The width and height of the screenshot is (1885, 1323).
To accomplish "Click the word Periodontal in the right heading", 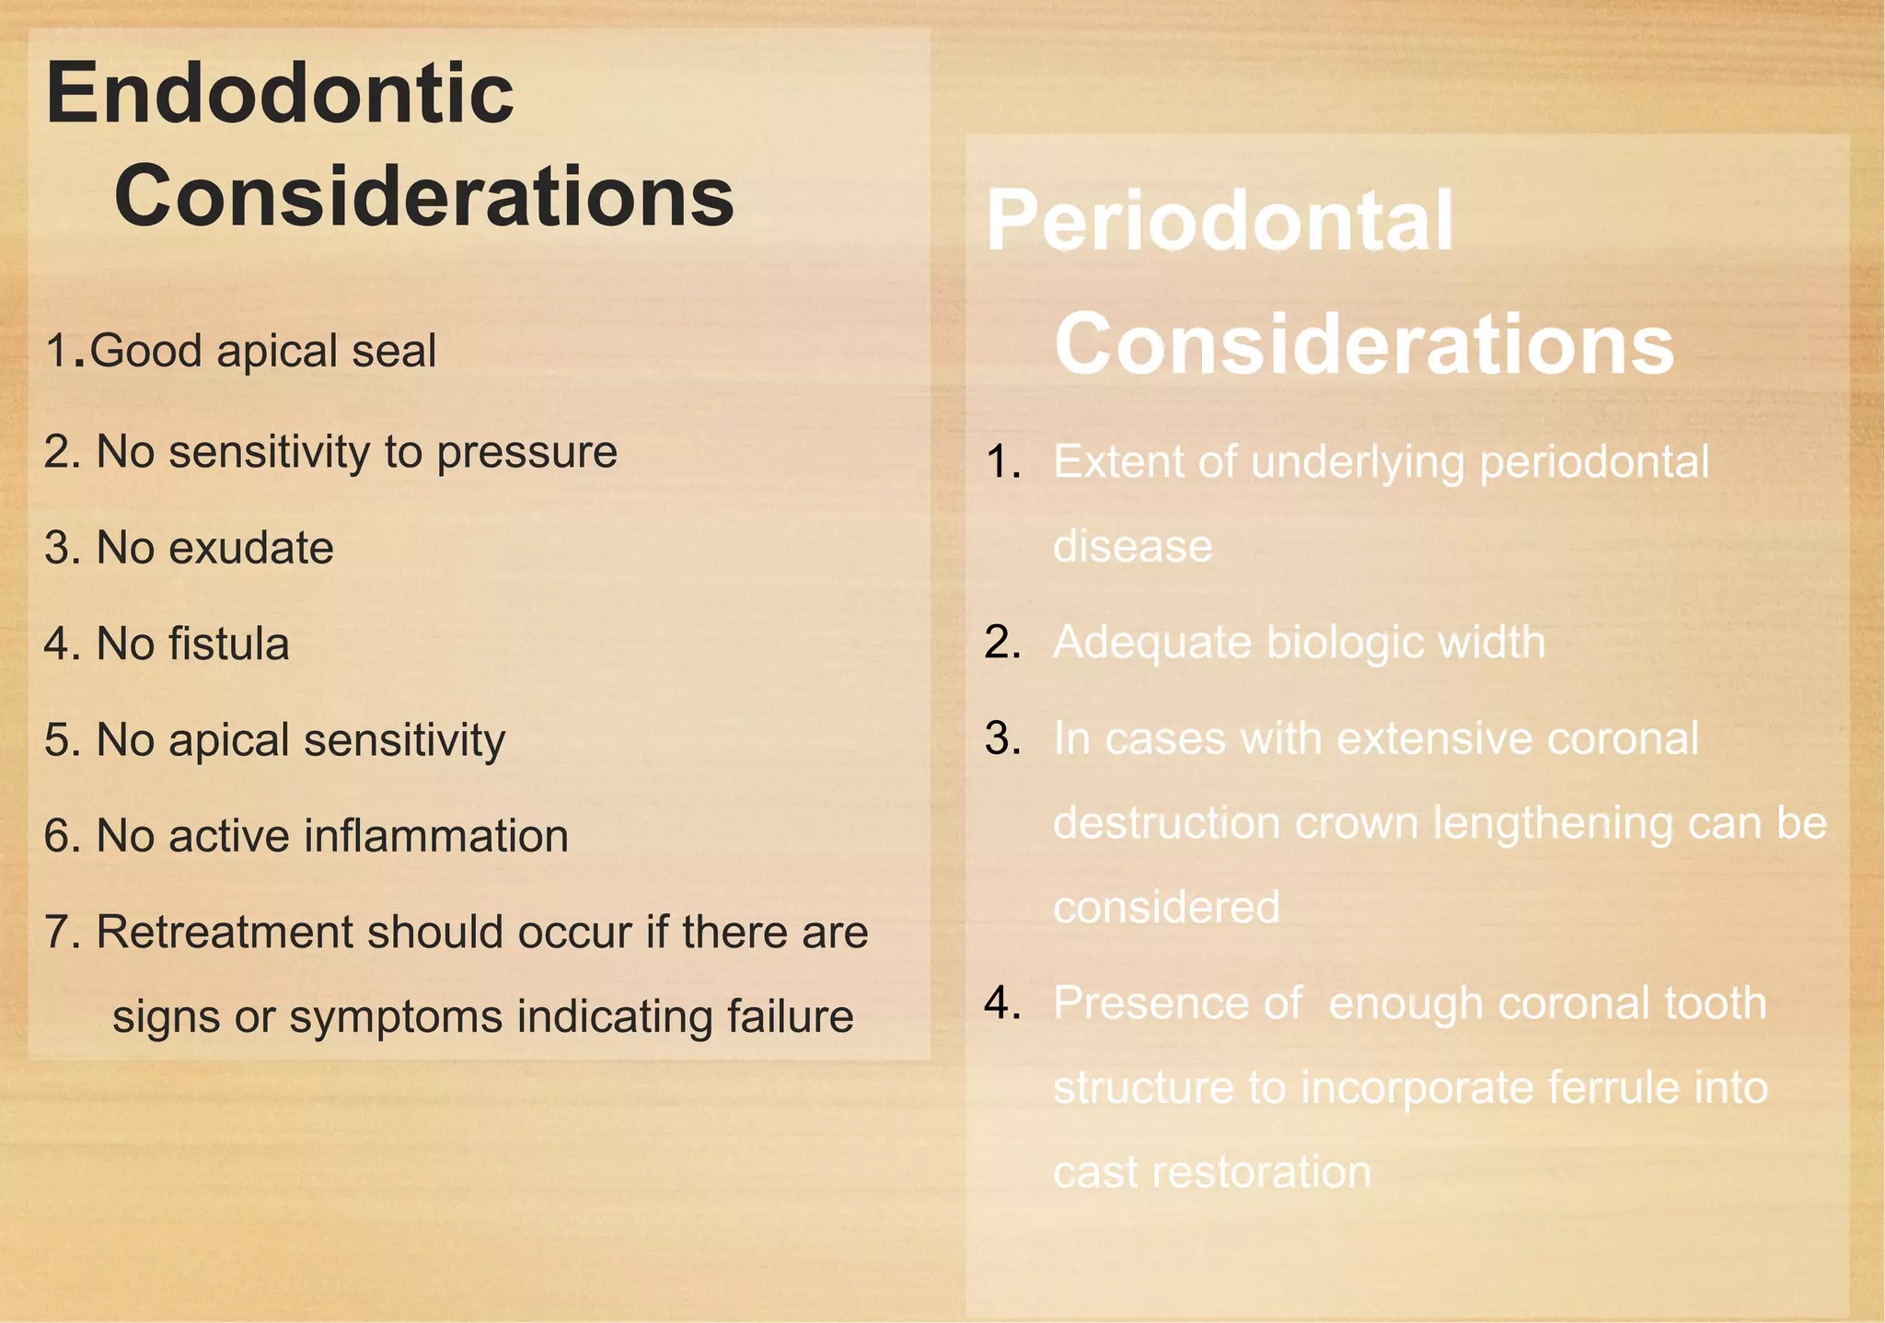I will (1220, 221).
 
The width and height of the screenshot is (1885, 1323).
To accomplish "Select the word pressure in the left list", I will (526, 453).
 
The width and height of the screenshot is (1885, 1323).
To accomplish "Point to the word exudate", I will (251, 549).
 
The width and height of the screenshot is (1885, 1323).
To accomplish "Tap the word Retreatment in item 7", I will (225, 932).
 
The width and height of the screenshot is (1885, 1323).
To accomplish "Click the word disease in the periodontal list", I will (1132, 547).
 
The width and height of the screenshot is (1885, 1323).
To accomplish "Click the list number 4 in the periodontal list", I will (1000, 1003).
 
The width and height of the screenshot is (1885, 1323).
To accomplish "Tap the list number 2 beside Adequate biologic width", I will (1000, 643).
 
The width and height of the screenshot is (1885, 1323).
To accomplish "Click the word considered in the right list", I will (1166, 908).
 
